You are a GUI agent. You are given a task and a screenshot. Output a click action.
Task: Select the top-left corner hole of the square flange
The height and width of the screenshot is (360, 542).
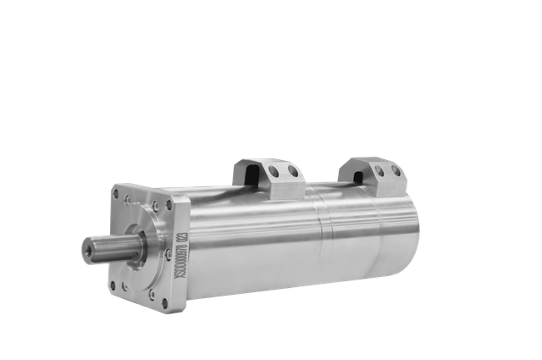(x=116, y=194)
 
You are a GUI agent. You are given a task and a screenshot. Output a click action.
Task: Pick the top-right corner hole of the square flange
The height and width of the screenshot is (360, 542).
(x=168, y=204)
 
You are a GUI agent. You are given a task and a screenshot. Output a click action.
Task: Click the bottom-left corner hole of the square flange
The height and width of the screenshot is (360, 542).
(x=113, y=285)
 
